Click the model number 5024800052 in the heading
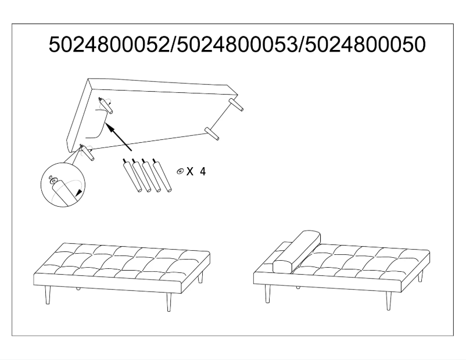[x=109, y=45]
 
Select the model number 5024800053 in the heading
[x=235, y=45]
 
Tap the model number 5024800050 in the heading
[x=361, y=45]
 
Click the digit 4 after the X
[x=203, y=172]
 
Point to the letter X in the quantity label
[x=191, y=172]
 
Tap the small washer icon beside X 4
[x=181, y=171]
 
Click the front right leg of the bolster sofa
[x=389, y=300]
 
